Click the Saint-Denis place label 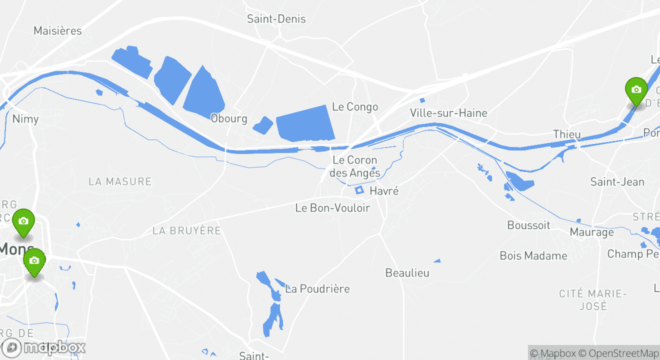coord(276,19)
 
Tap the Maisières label coord(57,31)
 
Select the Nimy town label coord(25,119)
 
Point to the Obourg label coord(228,118)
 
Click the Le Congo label coord(355,107)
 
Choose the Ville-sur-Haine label coord(448,113)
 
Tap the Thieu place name coord(567,134)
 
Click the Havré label coord(384,191)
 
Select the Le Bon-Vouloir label coord(332,208)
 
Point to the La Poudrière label coord(317,289)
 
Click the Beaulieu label coord(407,273)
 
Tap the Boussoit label coord(528,225)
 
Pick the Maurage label coord(591,232)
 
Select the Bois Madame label coord(533,256)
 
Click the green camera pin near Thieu coord(636,90)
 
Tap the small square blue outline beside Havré coord(358,190)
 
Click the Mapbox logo coord(43,347)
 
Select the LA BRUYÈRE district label coord(186,230)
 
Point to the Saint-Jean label coord(617,182)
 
